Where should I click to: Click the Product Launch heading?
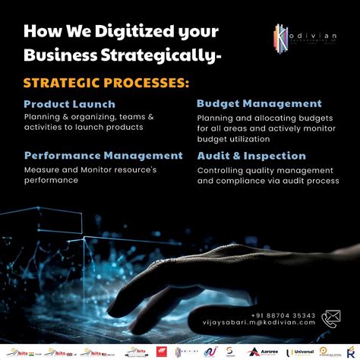(69, 104)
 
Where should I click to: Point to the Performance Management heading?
(103, 155)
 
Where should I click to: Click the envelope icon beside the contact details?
(332, 317)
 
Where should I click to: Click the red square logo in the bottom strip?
(160, 351)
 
